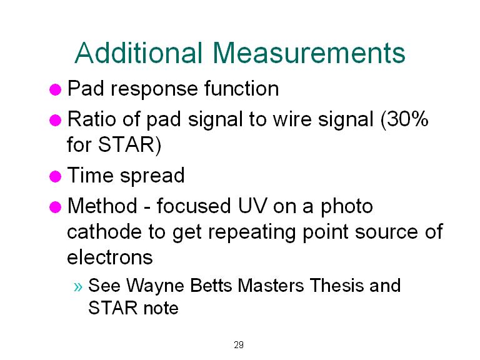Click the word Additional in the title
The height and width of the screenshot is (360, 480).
(x=139, y=52)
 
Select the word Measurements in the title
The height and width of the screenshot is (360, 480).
(x=309, y=52)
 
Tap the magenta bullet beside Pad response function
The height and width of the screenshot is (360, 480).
(x=56, y=90)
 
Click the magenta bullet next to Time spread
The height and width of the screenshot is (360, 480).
(x=56, y=177)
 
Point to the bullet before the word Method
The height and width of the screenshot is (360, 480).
(x=56, y=207)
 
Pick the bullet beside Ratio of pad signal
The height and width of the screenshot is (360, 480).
(x=56, y=120)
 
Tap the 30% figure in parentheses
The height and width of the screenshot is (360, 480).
(x=405, y=119)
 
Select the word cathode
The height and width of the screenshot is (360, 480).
(x=104, y=231)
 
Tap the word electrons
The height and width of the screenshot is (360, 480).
(x=110, y=257)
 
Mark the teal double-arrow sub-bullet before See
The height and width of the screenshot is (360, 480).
(x=78, y=287)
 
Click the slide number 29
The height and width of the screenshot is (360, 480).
(x=239, y=345)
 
